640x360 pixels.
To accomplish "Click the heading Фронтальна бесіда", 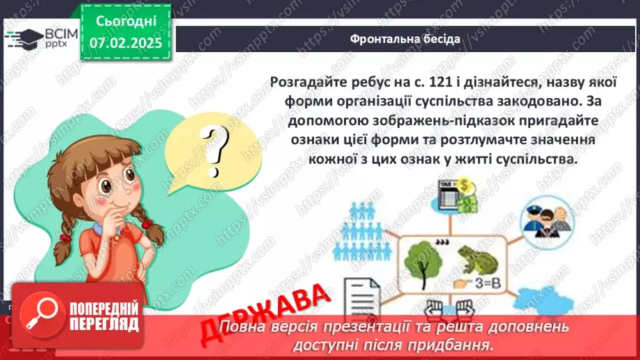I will click(405, 39).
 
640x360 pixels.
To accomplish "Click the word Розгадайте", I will click(304, 83).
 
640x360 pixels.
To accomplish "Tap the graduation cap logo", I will click(25, 38).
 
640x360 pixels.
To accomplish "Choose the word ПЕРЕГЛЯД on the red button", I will click(104, 325).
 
